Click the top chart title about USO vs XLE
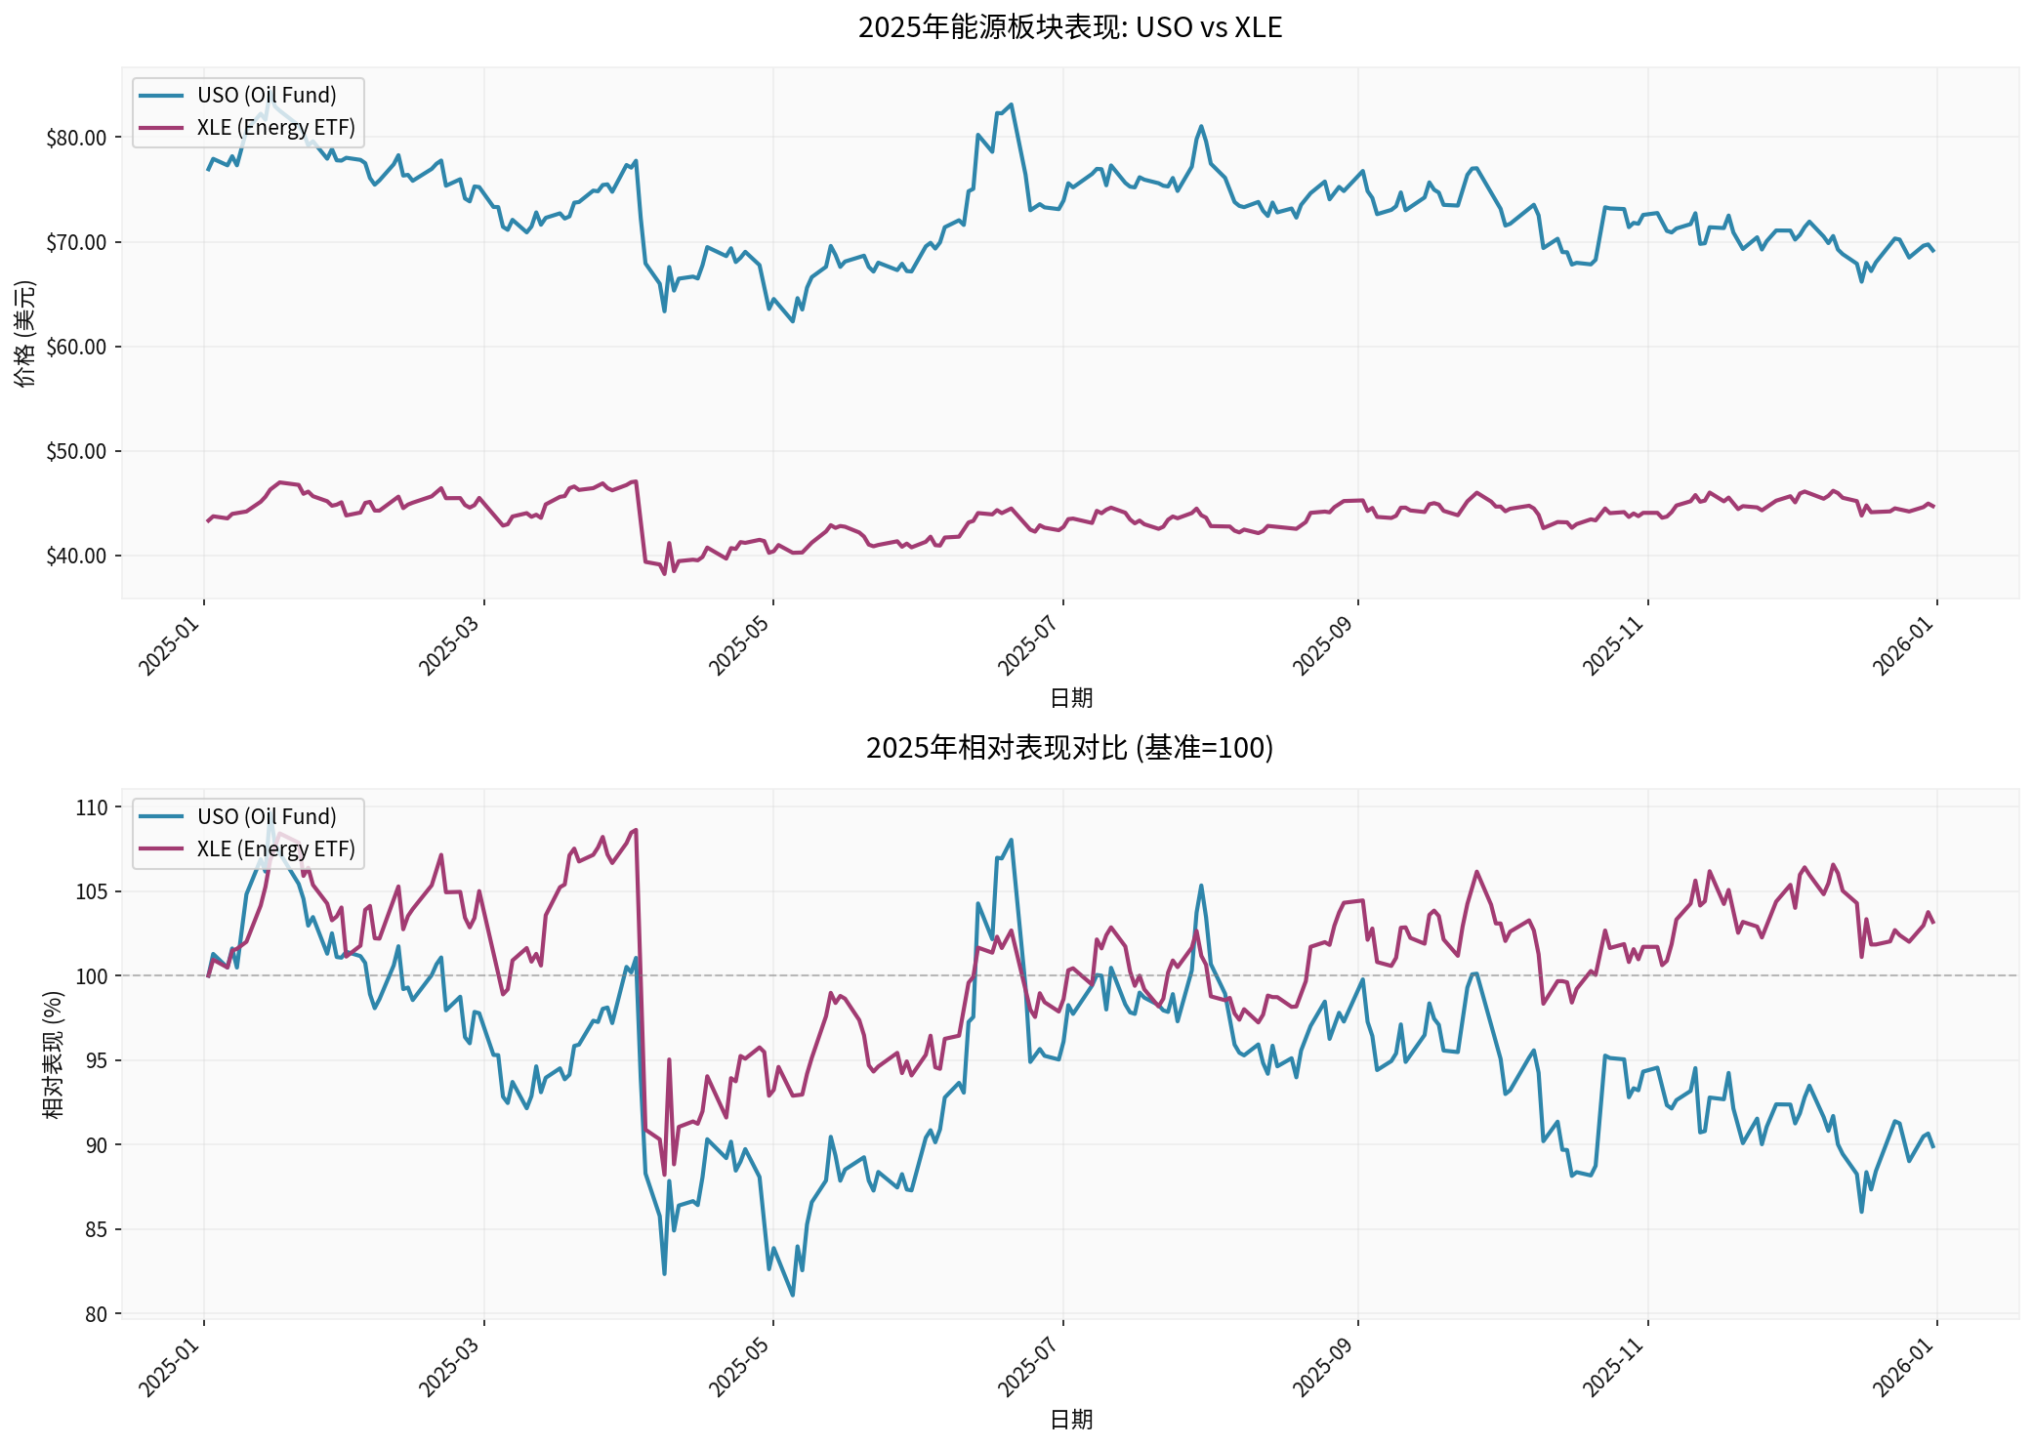pyautogui.click(x=1069, y=27)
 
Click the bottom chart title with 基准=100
pyautogui.click(x=1069, y=748)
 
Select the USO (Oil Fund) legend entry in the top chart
pyautogui.click(x=266, y=96)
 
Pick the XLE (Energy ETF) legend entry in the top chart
pyautogui.click(x=275, y=128)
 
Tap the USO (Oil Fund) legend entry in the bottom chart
pyautogui.click(x=266, y=817)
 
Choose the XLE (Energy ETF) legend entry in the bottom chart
pyautogui.click(x=275, y=849)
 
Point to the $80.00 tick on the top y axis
pyautogui.click(x=76, y=138)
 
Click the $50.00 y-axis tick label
pyautogui.click(x=76, y=452)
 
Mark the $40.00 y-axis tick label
pyautogui.click(x=76, y=557)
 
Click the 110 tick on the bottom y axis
pyautogui.click(x=91, y=807)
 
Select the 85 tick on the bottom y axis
pyautogui.click(x=96, y=1230)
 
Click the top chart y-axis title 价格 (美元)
pyautogui.click(x=25, y=333)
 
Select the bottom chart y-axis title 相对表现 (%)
pyautogui.click(x=54, y=1054)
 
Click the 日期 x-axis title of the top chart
pyautogui.click(x=1070, y=698)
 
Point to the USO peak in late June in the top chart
pyautogui.click(x=1011, y=104)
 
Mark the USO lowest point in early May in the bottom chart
pyautogui.click(x=792, y=1296)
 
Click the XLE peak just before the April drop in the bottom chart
pyautogui.click(x=636, y=830)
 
